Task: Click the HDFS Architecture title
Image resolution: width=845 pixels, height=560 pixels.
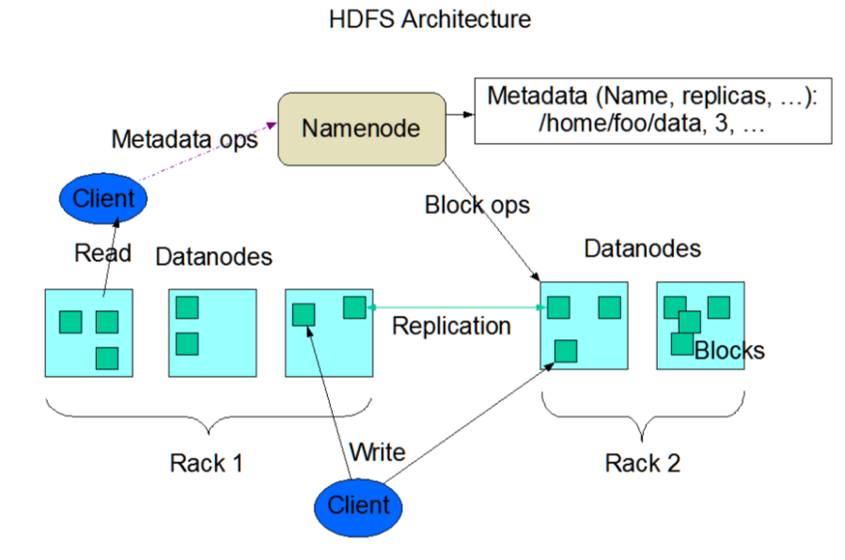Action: click(x=430, y=20)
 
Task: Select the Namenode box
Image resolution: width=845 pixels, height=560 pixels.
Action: click(x=361, y=128)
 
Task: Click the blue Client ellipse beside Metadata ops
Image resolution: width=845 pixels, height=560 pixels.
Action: click(x=104, y=198)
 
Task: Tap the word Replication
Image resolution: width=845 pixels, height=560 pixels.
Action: click(x=451, y=326)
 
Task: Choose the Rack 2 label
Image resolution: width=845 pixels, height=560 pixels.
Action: click(x=642, y=462)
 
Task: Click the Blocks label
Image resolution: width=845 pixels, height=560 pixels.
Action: click(x=729, y=351)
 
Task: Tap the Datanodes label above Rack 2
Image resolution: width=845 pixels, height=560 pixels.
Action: click(x=642, y=248)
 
